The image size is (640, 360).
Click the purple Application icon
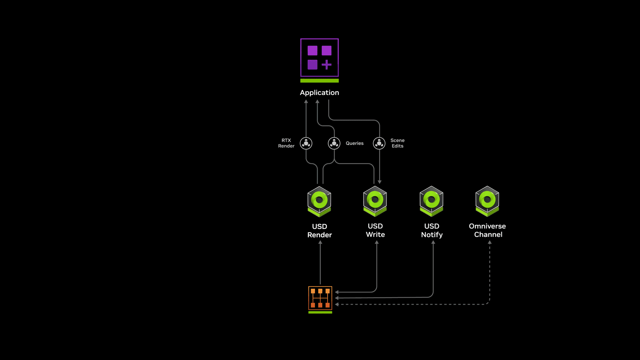(319, 57)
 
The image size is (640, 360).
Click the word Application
(319, 93)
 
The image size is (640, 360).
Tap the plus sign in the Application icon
(326, 65)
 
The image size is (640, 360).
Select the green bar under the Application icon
(319, 81)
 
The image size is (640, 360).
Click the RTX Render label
(286, 143)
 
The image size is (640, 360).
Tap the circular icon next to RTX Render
(306, 143)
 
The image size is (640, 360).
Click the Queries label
(354, 143)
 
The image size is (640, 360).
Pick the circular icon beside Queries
(334, 143)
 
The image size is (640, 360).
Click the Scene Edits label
(397, 143)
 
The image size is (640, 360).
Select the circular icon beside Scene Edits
(379, 143)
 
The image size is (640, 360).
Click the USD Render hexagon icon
(319, 201)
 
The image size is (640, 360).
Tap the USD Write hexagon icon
(375, 201)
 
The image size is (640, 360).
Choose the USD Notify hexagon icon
(431, 201)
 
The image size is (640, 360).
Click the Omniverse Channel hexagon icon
(487, 201)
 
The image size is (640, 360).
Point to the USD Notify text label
(432, 230)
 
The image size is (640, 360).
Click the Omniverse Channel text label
(487, 230)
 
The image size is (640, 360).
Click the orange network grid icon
(320, 298)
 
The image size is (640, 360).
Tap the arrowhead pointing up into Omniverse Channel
(490, 243)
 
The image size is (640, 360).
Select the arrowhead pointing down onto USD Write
(379, 182)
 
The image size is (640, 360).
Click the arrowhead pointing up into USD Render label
(320, 243)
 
